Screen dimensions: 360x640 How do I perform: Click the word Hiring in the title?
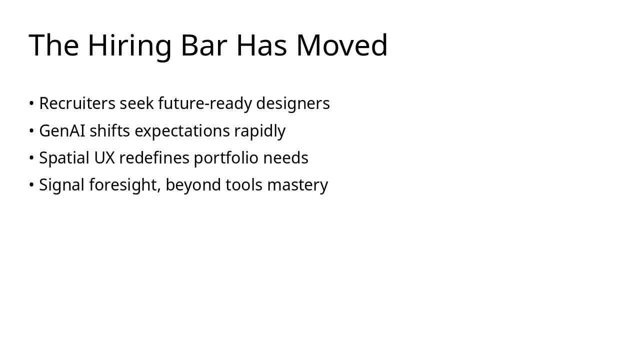tap(129, 45)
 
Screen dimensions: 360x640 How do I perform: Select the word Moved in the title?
tap(342, 45)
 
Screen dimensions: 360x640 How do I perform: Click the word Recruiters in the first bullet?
tap(77, 103)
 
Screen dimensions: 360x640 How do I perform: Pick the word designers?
tap(293, 103)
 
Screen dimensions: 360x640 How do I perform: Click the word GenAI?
tap(62, 131)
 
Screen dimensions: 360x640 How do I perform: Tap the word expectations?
tap(182, 131)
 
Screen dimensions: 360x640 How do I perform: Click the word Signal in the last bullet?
tap(62, 185)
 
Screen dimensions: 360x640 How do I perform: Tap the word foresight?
tap(125, 185)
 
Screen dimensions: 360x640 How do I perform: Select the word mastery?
tap(297, 185)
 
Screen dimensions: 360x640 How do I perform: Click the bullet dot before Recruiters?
tap(31, 103)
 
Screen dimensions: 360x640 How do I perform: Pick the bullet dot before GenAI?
tap(31, 131)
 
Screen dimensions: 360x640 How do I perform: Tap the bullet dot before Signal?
tap(31, 185)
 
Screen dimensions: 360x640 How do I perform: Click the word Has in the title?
tap(261, 45)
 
